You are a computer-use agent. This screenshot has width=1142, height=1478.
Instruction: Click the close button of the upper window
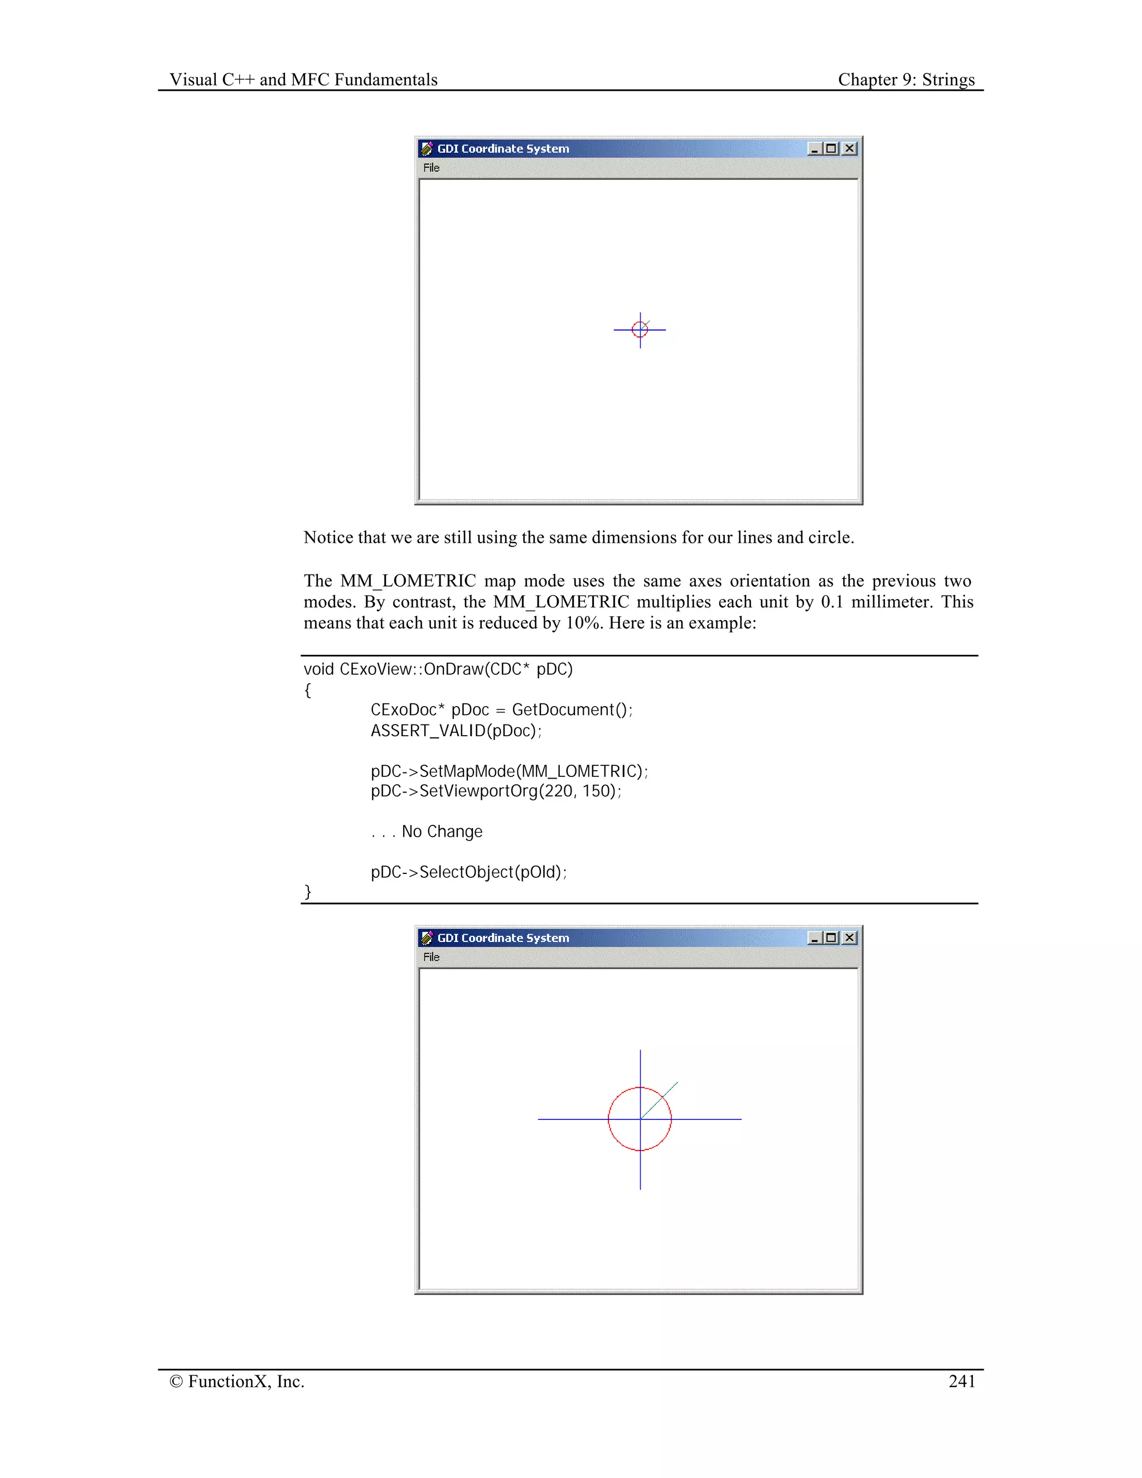coord(850,149)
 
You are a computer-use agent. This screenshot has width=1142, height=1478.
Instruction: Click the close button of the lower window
coord(850,938)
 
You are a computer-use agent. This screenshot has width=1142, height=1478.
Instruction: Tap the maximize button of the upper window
coord(831,149)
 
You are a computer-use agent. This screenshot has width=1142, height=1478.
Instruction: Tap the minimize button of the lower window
coord(815,938)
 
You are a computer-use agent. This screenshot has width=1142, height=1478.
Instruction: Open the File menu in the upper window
coord(431,168)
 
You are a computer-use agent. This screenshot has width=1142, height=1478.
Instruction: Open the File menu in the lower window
coord(431,957)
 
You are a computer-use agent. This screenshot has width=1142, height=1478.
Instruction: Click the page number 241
coord(961,1381)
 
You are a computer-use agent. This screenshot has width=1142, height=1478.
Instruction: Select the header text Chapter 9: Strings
coord(906,80)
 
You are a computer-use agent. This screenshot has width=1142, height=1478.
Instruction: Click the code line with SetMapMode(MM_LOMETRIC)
coord(509,771)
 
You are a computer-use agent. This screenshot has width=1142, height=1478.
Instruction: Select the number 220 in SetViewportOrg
coord(558,791)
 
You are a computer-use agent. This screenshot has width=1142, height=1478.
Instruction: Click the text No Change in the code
coord(442,832)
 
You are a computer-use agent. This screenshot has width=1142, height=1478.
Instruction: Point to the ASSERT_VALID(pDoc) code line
coord(456,731)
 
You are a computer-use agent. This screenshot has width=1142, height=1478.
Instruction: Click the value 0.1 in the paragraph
coord(831,602)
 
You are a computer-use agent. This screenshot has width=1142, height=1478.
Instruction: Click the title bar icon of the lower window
coord(427,938)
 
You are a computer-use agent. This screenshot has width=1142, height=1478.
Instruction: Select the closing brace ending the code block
coord(308,891)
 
